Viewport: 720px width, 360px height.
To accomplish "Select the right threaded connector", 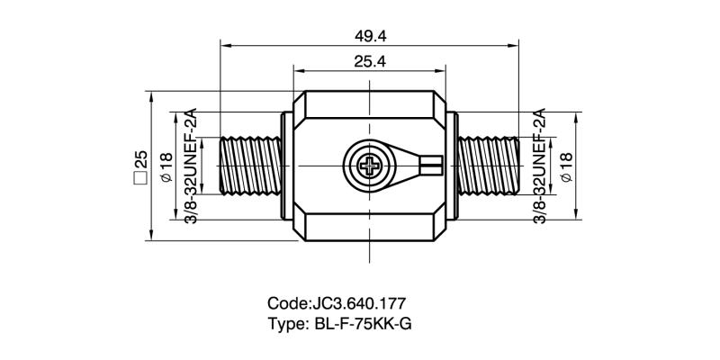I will pyautogui.click(x=490, y=166).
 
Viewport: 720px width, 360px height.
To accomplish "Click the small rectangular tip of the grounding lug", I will pyautogui.click(x=433, y=166).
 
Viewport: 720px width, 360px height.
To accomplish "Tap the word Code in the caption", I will pyautogui.click(x=287, y=304).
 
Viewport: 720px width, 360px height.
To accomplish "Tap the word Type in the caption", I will pyautogui.click(x=287, y=324).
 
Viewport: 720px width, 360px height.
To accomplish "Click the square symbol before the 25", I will pyautogui.click(x=139, y=178).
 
